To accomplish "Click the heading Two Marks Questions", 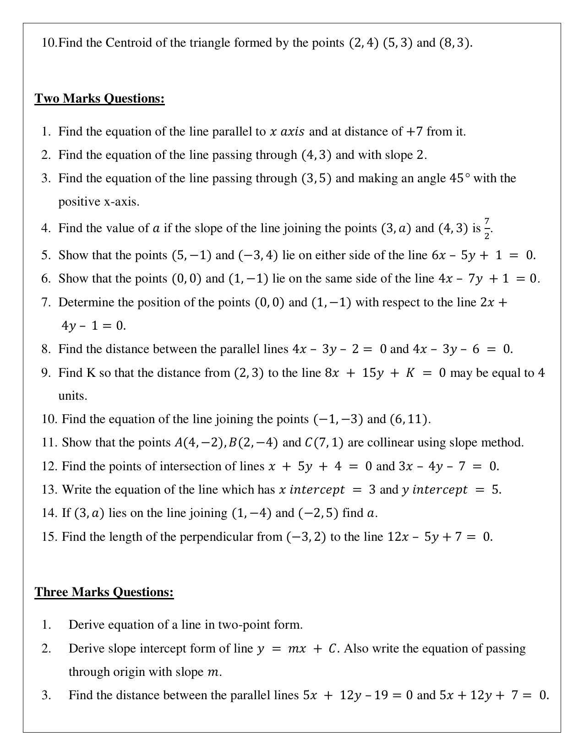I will (x=99, y=98).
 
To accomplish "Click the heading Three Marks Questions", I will (x=104, y=592).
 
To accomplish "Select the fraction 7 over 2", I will (x=487, y=228).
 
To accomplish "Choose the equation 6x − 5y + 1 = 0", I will (x=483, y=255).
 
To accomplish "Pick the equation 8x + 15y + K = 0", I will (x=385, y=373).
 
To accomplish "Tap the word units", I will (x=72, y=396).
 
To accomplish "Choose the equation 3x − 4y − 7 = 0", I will (x=448, y=466).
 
